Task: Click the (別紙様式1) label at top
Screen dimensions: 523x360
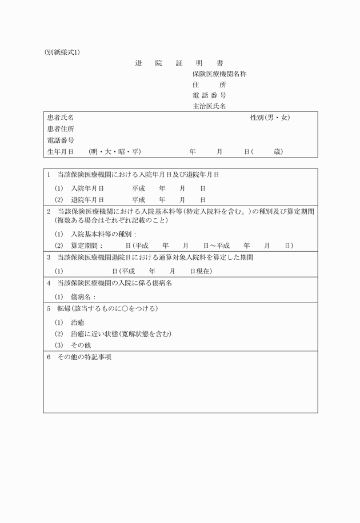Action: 62,52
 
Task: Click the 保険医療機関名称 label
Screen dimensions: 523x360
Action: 219,74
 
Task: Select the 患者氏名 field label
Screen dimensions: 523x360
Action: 61,118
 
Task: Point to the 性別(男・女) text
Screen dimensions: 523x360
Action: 270,118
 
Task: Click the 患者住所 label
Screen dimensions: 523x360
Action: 61,129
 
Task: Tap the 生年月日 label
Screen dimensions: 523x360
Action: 61,151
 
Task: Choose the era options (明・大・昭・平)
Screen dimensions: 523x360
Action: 115,151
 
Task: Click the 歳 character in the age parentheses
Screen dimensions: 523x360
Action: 277,151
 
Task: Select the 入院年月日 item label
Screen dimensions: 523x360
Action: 87,187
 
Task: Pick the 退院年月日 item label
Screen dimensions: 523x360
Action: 87,200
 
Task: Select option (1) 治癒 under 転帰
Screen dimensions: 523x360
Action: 78,323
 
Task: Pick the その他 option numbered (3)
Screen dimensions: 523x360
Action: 81,345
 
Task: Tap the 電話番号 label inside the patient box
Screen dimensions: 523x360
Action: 61,140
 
